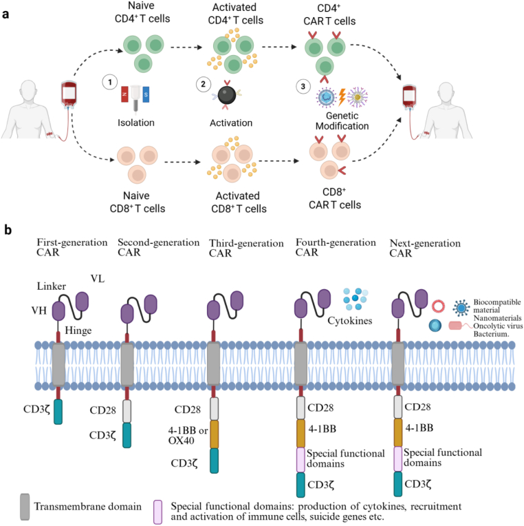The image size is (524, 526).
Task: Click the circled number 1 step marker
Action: [109, 82]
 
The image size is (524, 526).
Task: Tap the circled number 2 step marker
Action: [203, 84]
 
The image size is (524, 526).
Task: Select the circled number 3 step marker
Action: [303, 87]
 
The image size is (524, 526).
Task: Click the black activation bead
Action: [227, 95]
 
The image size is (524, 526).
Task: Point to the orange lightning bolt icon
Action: [342, 97]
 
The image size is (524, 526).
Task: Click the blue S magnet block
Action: [146, 94]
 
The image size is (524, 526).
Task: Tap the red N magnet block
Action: [124, 94]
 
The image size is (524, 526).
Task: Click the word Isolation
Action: [136, 123]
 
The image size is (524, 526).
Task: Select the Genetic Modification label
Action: [342, 120]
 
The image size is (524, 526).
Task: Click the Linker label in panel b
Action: [52, 286]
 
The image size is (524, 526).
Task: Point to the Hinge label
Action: [78, 330]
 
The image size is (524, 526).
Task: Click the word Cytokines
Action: [350, 321]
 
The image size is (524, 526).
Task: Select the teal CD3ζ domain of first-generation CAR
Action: [58, 412]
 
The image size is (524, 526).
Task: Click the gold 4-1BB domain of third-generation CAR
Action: [214, 434]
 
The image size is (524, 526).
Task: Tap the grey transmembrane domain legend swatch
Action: [25, 507]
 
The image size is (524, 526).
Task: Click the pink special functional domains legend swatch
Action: [157, 512]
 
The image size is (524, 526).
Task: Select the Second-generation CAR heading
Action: [158, 247]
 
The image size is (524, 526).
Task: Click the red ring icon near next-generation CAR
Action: [438, 306]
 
